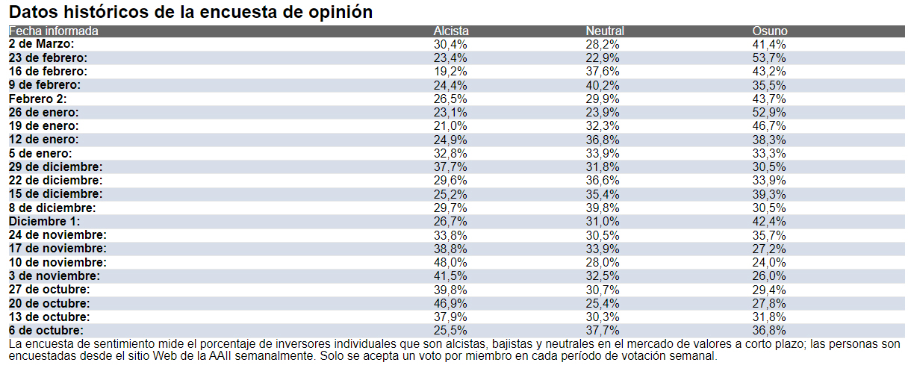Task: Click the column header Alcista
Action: (x=451, y=31)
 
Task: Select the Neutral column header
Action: (x=604, y=31)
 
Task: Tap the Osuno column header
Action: (x=769, y=31)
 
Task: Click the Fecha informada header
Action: (x=53, y=31)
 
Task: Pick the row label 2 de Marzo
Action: (x=41, y=45)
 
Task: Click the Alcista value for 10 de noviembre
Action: (x=450, y=263)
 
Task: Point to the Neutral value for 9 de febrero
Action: (x=603, y=85)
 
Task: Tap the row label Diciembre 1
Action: (x=44, y=222)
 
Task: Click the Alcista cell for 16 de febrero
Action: (x=450, y=72)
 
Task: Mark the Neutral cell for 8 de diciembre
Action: (x=603, y=208)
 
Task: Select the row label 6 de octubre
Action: (x=46, y=331)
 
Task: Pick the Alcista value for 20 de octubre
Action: (x=450, y=303)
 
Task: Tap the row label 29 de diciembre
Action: (x=55, y=167)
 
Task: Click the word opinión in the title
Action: (x=340, y=13)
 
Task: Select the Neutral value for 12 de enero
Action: (x=603, y=140)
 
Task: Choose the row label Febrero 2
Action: (x=38, y=99)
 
